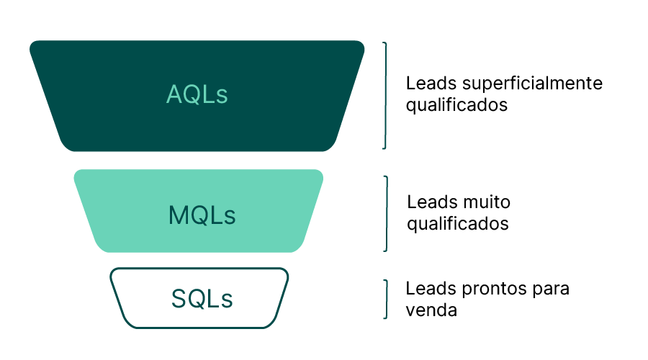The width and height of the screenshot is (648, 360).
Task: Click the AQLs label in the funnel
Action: pyautogui.click(x=197, y=94)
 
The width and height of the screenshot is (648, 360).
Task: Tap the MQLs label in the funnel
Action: pyautogui.click(x=202, y=215)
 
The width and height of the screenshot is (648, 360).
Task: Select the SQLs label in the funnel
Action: pyautogui.click(x=202, y=298)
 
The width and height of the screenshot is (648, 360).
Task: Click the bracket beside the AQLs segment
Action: pyautogui.click(x=384, y=95)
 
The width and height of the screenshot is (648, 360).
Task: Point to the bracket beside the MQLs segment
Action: pyautogui.click(x=385, y=213)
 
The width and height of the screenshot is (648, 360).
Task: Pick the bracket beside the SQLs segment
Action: pyautogui.click(x=385, y=299)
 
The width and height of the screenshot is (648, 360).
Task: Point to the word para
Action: pyautogui.click(x=551, y=289)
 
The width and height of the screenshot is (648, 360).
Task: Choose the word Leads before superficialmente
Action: pyautogui.click(x=427, y=84)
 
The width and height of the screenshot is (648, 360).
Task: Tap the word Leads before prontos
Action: pyautogui.click(x=427, y=289)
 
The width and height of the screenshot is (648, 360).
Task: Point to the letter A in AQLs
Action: pyautogui.click(x=175, y=94)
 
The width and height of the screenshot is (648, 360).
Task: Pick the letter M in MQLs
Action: pyautogui.click(x=178, y=215)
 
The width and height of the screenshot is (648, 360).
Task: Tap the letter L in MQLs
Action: pyautogui.click(x=216, y=215)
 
